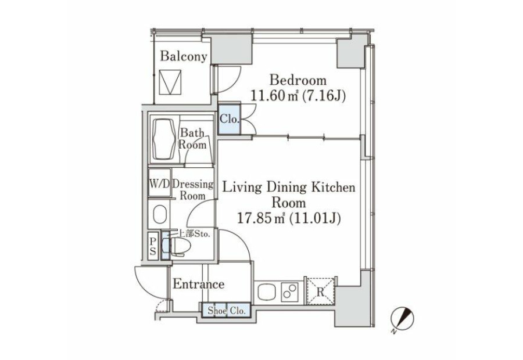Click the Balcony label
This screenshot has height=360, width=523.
pos(183,56)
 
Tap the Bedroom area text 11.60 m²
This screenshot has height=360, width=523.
pos(274,96)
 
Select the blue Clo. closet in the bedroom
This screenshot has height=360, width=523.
pos(229,119)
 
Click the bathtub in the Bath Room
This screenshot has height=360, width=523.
pos(164,140)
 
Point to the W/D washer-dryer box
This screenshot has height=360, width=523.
pos(159,183)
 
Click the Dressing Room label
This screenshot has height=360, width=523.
pos(193,190)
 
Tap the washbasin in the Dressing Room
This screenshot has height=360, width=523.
pos(159,214)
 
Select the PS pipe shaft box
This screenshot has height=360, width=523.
pos(153,246)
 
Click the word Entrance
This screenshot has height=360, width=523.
pos(199,284)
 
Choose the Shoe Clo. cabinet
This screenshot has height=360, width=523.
pos(226,310)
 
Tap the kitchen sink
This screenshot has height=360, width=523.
pos(267,292)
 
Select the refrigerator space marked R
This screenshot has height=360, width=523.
pos(320,291)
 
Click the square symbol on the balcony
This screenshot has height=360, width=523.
pos(170,82)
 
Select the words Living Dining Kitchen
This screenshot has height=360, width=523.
pos(289,187)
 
